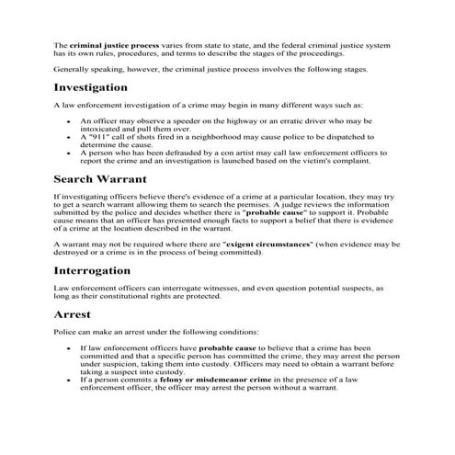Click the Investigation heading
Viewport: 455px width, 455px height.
point(90,87)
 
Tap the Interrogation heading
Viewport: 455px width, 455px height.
point(98,271)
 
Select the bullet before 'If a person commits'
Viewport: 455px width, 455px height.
point(69,379)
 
